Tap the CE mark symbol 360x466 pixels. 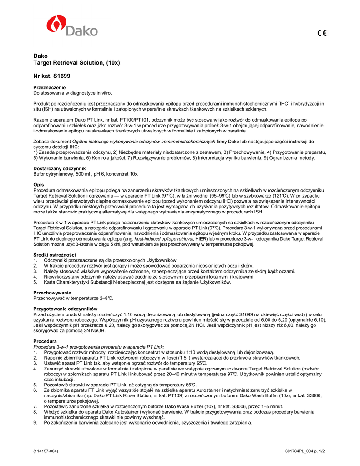[322, 33]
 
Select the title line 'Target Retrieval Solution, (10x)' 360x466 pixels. [76, 62]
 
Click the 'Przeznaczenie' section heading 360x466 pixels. [50, 87]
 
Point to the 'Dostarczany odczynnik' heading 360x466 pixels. [59, 168]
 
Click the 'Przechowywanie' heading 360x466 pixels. [52, 292]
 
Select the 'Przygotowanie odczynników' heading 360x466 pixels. [66, 309]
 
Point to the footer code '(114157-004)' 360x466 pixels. [46, 451]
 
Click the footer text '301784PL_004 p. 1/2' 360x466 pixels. [304, 451]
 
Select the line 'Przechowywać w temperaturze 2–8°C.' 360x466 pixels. [73, 298]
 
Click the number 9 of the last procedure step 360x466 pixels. [35, 423]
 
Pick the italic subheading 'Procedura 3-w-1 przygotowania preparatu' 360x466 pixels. [99, 346]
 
